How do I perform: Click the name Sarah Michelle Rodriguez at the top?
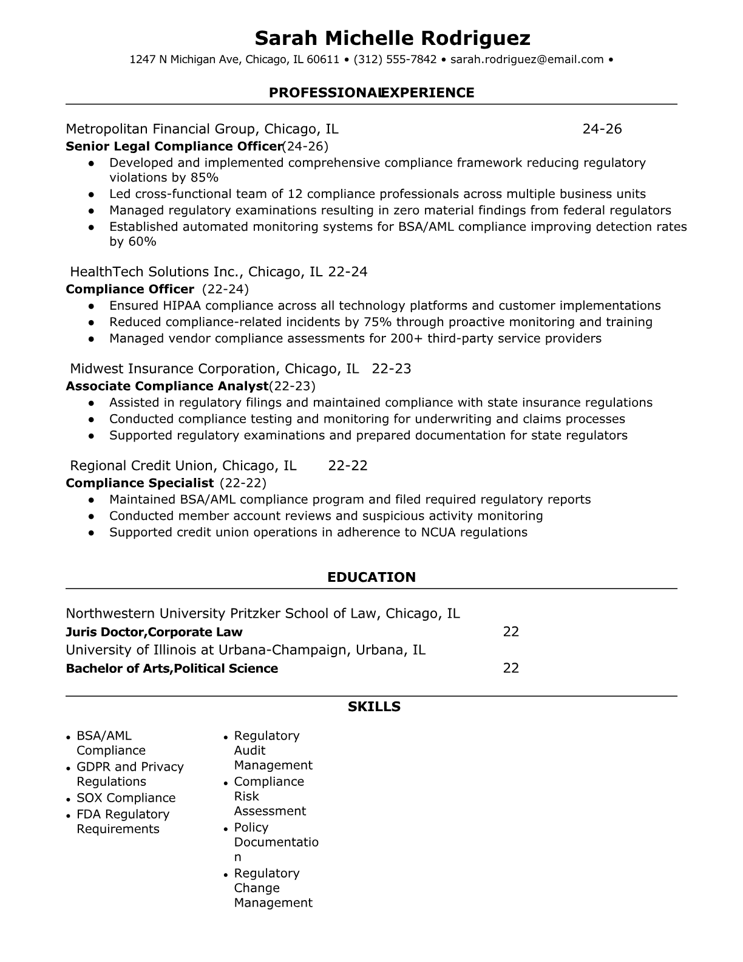(x=392, y=38)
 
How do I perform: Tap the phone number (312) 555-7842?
(x=395, y=60)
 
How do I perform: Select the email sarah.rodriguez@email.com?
(x=527, y=60)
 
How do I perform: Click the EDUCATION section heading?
(x=371, y=577)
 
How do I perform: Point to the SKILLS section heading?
(x=374, y=706)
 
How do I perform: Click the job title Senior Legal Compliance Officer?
(x=174, y=146)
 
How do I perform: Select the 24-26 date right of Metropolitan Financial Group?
(x=602, y=129)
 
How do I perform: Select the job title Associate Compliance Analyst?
(x=167, y=386)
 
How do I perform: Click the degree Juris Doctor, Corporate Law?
(x=154, y=632)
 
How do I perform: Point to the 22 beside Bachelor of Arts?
(x=511, y=668)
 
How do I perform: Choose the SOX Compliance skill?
(x=126, y=798)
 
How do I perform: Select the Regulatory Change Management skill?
(x=273, y=888)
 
